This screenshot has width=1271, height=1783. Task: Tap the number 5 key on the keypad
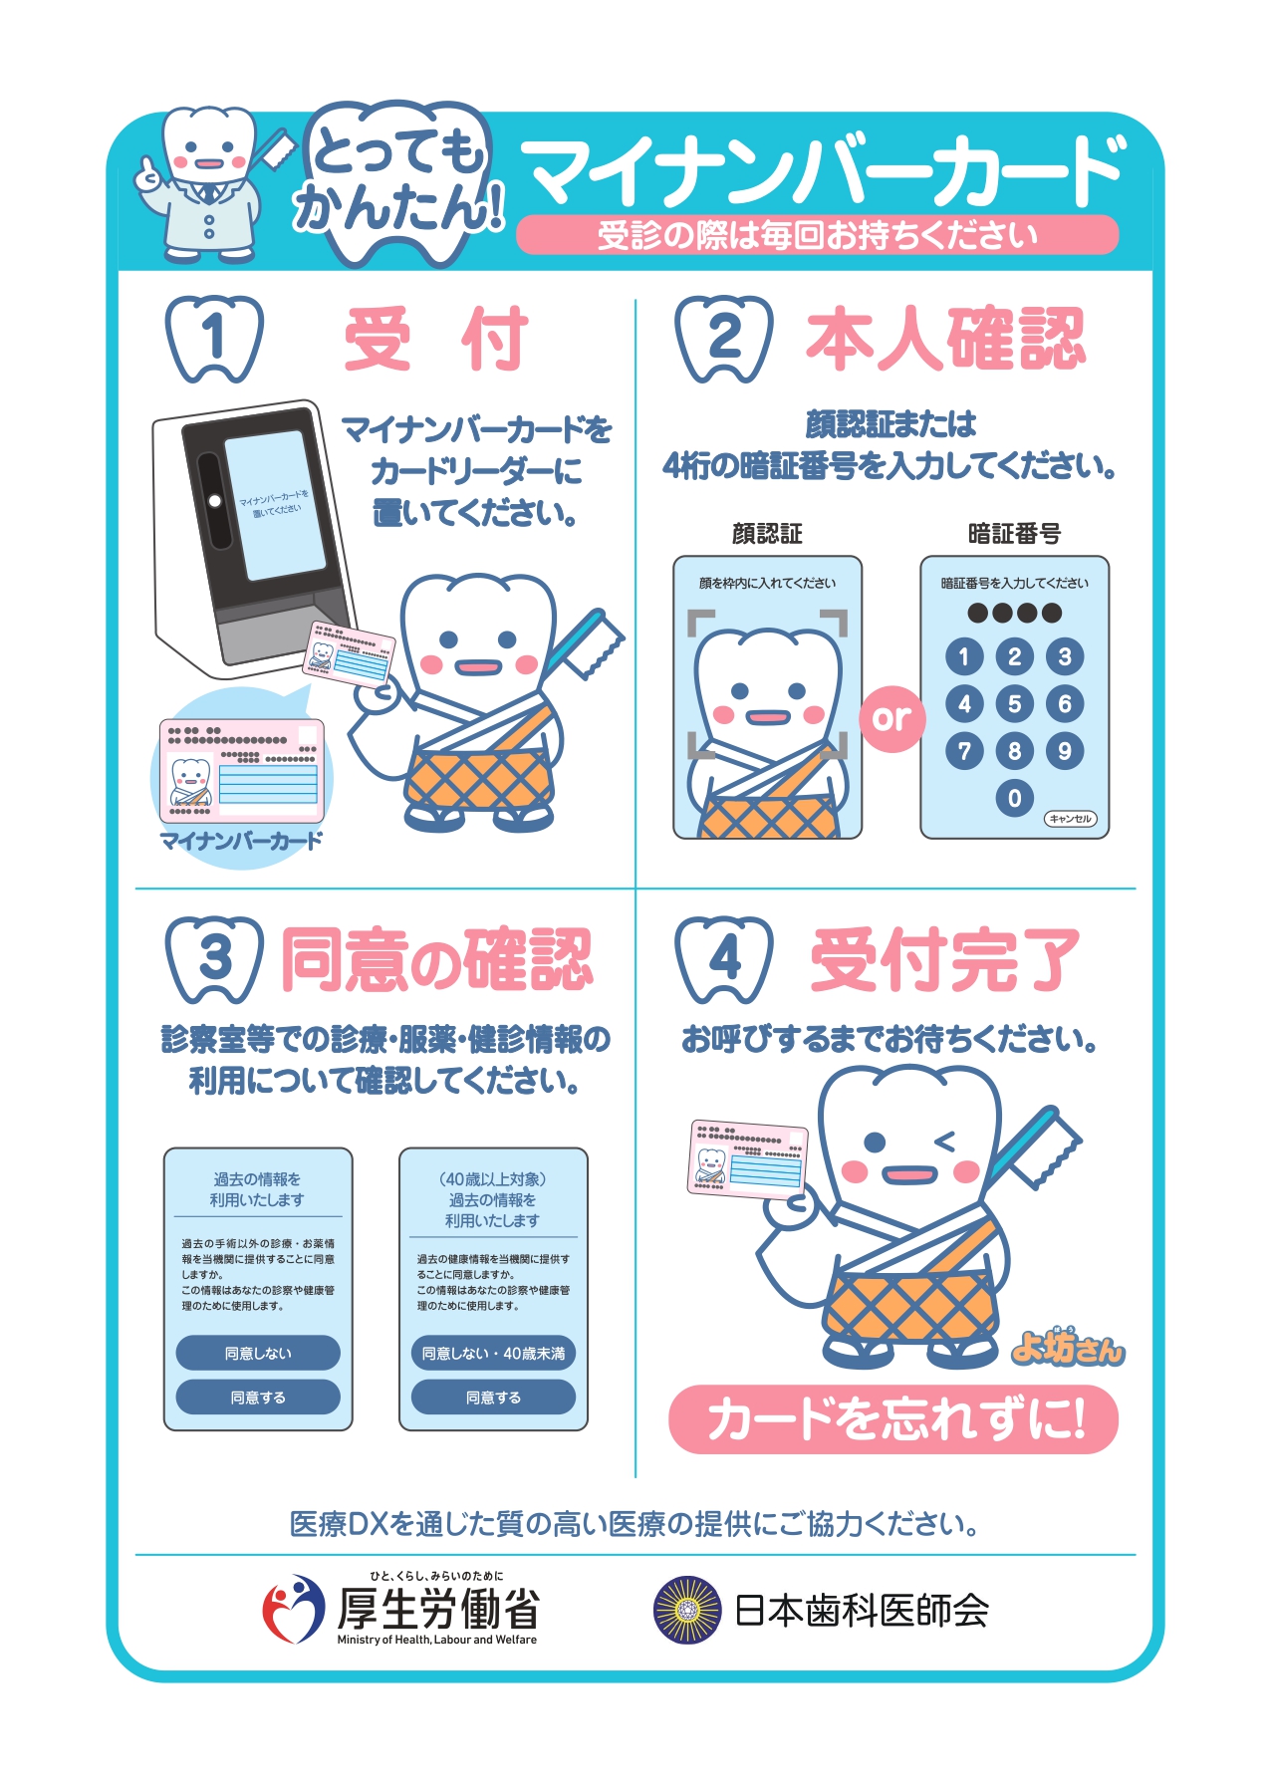tap(1014, 704)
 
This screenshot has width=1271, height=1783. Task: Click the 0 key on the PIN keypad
tap(1014, 798)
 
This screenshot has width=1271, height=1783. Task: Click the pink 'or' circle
tap(891, 717)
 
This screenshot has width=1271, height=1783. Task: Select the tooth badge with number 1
tap(214, 339)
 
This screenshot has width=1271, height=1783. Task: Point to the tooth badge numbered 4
tap(724, 959)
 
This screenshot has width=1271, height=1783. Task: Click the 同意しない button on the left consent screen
tap(258, 1353)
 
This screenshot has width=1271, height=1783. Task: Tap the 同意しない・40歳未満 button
tap(493, 1353)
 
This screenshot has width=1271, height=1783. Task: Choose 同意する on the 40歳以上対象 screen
tap(493, 1397)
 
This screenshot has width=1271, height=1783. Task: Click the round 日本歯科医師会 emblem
tap(686, 1610)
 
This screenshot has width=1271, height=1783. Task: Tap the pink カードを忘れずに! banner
tap(893, 1418)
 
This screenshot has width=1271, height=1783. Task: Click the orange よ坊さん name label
tap(1067, 1348)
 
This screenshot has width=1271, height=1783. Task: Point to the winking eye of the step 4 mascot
tap(942, 1142)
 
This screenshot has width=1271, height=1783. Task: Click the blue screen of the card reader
tap(275, 505)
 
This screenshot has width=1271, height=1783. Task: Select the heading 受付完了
tap(944, 960)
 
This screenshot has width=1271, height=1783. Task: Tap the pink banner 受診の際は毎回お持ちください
tap(817, 235)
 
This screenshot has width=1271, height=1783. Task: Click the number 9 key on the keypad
tap(1065, 751)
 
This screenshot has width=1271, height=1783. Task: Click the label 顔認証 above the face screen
tap(767, 534)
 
